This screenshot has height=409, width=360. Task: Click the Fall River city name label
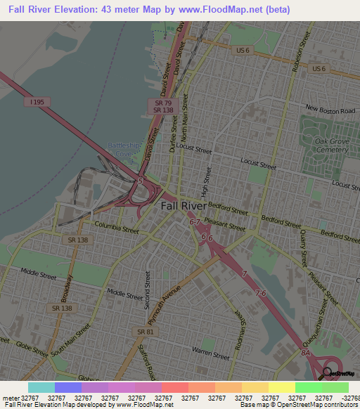184,206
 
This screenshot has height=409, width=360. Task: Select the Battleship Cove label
124,149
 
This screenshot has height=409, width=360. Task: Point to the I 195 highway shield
37,102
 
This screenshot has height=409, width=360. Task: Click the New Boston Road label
330,110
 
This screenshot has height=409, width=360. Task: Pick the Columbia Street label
116,228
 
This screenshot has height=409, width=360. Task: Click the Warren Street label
212,349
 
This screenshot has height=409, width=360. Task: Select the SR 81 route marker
145,331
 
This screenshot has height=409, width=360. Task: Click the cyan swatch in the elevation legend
41,387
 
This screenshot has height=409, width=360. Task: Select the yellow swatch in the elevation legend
281,387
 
